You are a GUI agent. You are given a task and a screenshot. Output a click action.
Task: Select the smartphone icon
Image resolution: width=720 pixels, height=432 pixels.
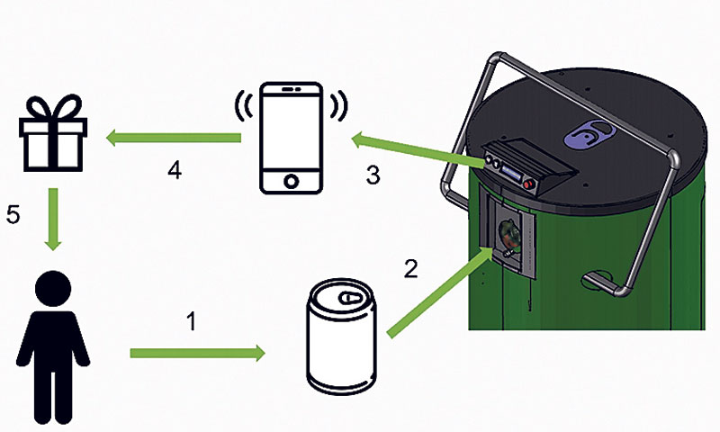(290, 137)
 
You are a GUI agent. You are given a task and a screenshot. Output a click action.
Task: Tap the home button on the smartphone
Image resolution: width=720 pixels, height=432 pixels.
(290, 180)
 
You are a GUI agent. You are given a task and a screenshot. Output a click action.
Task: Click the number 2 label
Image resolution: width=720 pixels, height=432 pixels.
(410, 266)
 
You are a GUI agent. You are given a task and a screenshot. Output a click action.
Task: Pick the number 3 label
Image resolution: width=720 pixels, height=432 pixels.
(373, 174)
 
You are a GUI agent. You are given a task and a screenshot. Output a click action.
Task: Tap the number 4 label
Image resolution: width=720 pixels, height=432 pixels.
(175, 170)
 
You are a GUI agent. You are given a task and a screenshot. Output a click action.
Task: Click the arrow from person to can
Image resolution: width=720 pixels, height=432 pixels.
(198, 353)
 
